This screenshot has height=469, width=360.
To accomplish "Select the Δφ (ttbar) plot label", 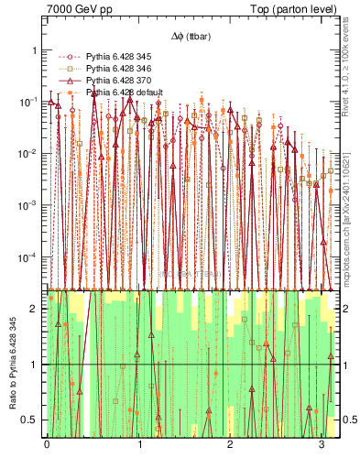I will point(191,37).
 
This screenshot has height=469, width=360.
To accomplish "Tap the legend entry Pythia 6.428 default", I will point(125,93).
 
